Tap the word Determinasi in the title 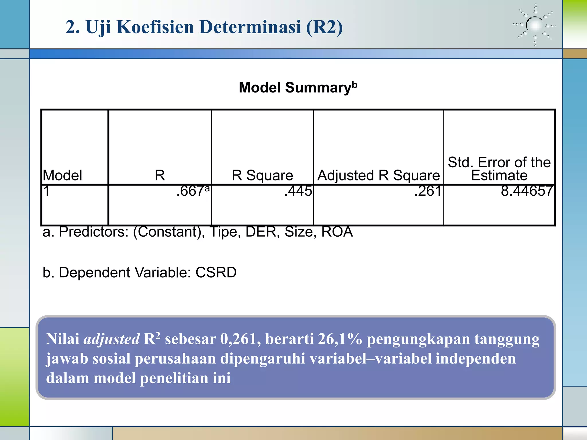(x=250, y=27)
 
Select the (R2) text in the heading (x=324, y=27)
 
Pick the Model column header (x=62, y=175)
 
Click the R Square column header (x=262, y=175)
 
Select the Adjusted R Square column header (x=379, y=175)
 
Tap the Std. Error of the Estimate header (x=499, y=169)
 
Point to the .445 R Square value (x=298, y=191)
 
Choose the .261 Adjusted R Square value (x=428, y=191)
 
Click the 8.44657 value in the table (x=527, y=191)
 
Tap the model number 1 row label (x=47, y=191)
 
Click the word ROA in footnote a (x=337, y=232)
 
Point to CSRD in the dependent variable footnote (x=216, y=272)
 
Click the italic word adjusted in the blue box (x=111, y=339)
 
